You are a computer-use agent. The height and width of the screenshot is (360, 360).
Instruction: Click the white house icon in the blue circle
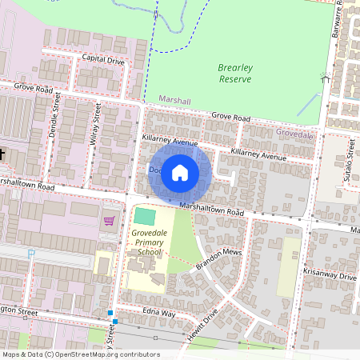pos(180,172)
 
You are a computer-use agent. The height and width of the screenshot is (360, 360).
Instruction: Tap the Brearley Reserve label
pos(234,74)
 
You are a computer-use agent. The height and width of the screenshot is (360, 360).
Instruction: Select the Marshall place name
pos(174,101)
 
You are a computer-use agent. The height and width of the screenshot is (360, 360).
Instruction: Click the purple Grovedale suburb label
pos(295,134)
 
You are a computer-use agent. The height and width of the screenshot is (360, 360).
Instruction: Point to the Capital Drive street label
pos(103,59)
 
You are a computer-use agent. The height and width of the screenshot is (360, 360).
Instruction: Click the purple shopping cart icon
pos(109,220)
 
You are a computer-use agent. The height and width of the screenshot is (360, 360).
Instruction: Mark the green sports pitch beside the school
pos(146,216)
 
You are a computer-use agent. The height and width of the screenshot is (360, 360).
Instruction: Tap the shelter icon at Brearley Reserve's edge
pos(325,78)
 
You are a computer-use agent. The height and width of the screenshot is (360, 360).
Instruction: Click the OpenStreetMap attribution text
pos(81,354)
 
